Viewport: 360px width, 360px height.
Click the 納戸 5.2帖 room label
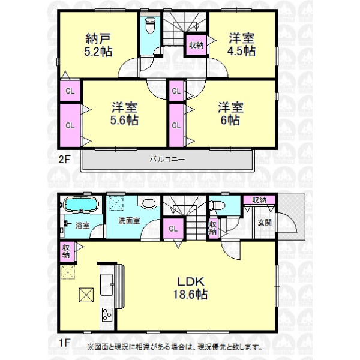[x=98, y=45]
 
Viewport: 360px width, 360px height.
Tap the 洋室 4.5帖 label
[x=241, y=44]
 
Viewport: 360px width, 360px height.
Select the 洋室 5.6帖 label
[x=124, y=114]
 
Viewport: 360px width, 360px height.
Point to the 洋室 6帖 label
[x=230, y=114]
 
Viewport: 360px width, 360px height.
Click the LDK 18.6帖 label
[x=190, y=288]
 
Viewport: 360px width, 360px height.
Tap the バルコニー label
[x=167, y=160]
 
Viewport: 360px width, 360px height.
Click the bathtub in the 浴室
[x=80, y=204]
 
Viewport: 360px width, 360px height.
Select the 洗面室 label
[x=129, y=221]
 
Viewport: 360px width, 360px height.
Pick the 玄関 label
[x=265, y=223]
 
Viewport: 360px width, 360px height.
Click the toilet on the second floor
[x=151, y=25]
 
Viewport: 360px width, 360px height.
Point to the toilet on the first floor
[x=217, y=205]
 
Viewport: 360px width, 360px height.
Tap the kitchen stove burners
[x=107, y=314]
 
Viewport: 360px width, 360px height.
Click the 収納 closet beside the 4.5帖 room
[x=196, y=45]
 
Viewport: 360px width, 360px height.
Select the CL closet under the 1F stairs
[x=173, y=229]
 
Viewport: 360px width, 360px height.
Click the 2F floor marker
[x=64, y=160]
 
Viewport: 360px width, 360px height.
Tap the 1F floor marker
[x=64, y=343]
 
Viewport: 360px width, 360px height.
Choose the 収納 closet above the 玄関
[x=259, y=200]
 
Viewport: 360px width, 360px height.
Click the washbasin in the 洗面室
[x=149, y=203]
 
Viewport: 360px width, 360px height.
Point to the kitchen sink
[x=107, y=284]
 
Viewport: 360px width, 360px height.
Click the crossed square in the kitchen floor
[x=86, y=295]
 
